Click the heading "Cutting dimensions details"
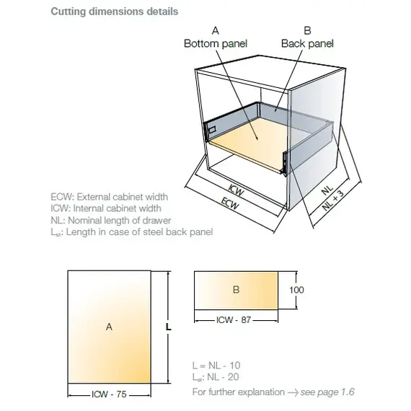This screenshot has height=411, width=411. [x=114, y=12]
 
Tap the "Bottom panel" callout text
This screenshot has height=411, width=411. [x=216, y=43]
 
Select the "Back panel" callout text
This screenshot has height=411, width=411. [x=307, y=43]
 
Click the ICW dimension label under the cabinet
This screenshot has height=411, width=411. [x=237, y=190]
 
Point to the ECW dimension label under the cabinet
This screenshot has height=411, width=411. [x=230, y=203]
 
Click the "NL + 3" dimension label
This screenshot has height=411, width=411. [x=333, y=200]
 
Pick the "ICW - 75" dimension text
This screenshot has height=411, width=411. [x=109, y=394]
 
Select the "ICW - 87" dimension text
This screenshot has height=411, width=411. [x=234, y=320]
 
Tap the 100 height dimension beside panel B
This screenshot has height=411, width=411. [x=296, y=290]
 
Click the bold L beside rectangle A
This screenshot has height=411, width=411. [x=169, y=327]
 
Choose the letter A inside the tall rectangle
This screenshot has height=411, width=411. [x=109, y=327]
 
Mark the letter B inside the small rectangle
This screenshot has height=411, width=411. [x=237, y=290]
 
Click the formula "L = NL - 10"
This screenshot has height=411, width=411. [x=216, y=366]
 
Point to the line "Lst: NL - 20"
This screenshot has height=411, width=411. [x=216, y=377]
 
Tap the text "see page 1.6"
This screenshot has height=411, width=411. [x=327, y=392]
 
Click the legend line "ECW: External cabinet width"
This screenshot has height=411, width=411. [x=110, y=197]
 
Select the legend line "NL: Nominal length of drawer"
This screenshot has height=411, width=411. [x=111, y=221]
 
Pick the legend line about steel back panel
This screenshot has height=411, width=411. [x=131, y=232]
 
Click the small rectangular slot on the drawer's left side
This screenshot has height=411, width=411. [x=212, y=129]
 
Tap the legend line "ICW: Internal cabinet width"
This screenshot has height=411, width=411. [x=106, y=208]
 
